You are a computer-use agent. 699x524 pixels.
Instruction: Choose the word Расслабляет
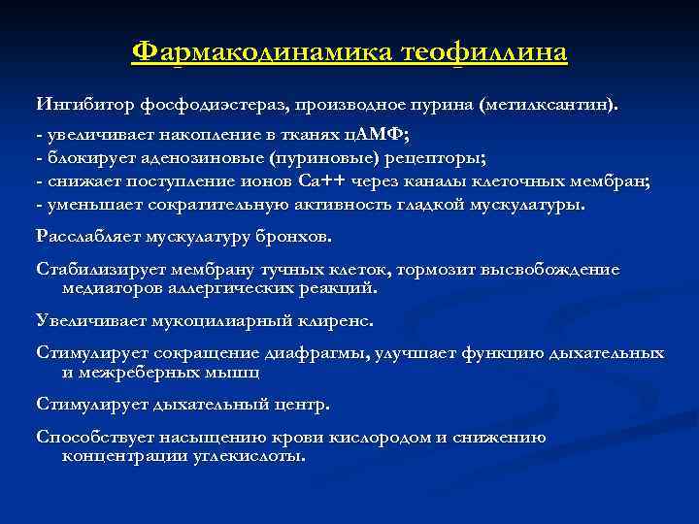[x=91, y=236]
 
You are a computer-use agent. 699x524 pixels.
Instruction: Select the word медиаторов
[x=111, y=288]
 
